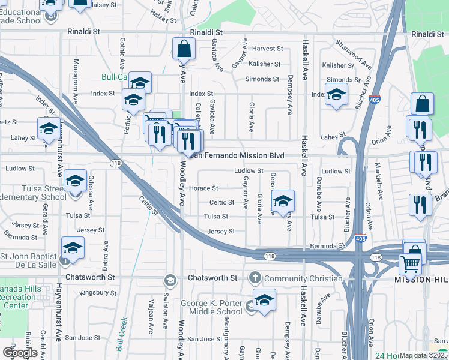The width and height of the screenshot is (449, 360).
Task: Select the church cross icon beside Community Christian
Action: tap(255, 278)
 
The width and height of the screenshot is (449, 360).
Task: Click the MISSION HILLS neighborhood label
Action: tap(421, 280)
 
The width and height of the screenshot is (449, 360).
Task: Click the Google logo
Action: tap(20, 353)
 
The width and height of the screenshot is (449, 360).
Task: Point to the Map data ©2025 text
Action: tap(424, 355)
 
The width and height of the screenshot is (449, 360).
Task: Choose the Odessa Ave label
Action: tap(91, 188)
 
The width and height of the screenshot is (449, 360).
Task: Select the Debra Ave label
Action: tap(106, 255)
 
